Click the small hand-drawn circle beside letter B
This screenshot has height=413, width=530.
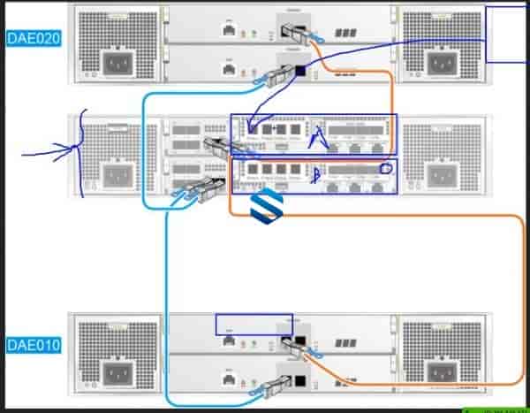385,168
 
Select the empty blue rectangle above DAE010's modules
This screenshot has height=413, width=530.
254,324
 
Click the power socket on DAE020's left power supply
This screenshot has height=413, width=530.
119,64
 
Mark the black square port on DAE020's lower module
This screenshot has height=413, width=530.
300,71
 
